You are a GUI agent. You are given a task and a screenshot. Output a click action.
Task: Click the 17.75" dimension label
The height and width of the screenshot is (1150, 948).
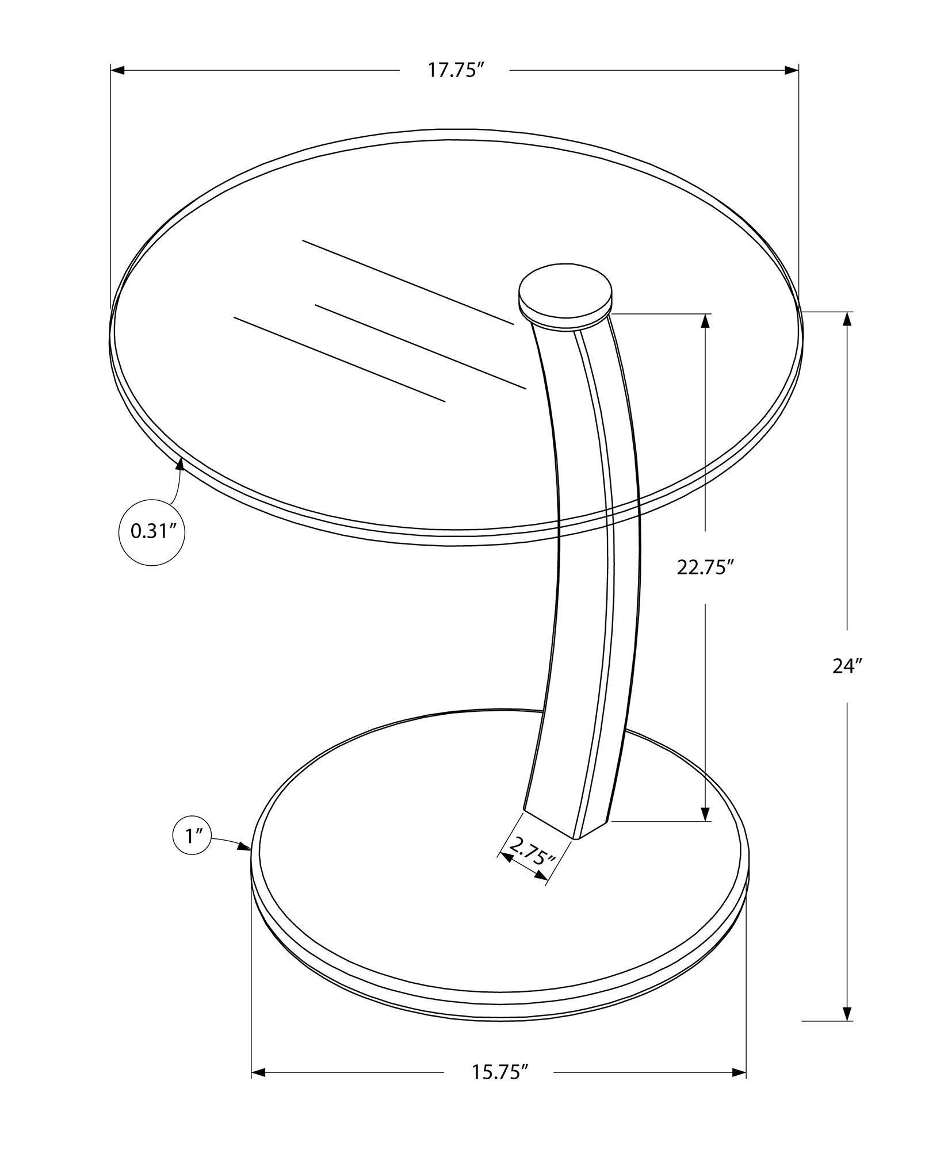[x=454, y=71]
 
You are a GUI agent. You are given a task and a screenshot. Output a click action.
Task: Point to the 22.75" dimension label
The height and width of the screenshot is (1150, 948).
[x=706, y=568]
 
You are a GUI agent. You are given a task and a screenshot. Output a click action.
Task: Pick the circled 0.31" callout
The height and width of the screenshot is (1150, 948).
[x=152, y=531]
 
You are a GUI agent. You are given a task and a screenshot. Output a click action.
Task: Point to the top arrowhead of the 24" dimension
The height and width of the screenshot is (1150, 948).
[x=847, y=320]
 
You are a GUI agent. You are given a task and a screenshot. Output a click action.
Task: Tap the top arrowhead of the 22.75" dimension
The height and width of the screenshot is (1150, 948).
[x=705, y=321]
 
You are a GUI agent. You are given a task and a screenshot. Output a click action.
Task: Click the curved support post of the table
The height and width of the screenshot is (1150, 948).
[x=587, y=575]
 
